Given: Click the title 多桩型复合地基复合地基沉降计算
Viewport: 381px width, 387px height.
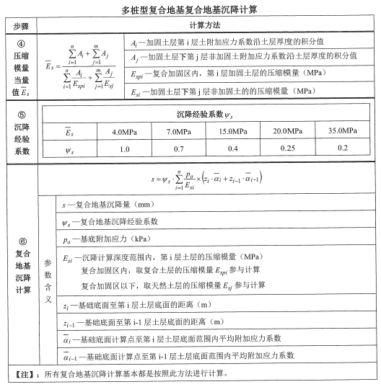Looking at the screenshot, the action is (190, 11).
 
